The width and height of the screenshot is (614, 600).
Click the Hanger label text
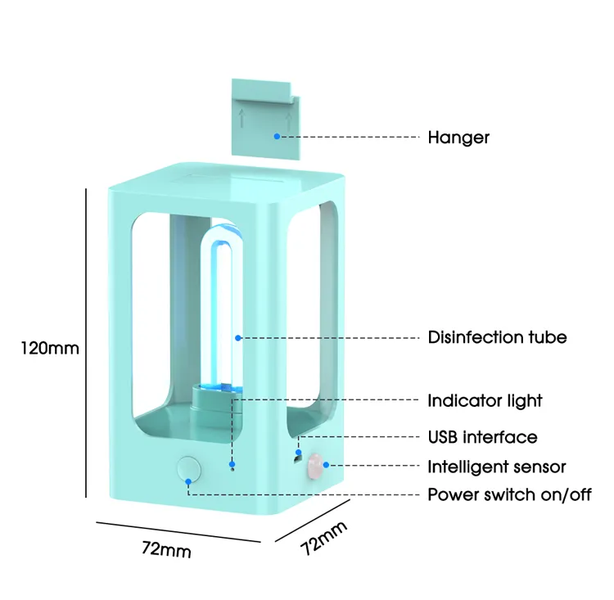pos(458,137)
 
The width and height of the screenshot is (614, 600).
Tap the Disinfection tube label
pos(497,336)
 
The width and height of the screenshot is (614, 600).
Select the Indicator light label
pos(485,400)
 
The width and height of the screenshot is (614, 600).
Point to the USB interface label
pos(482,436)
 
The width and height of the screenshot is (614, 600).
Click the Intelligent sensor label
pos(496,467)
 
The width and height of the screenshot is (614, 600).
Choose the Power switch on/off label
pos(509,494)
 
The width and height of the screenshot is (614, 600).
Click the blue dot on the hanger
pos(278,136)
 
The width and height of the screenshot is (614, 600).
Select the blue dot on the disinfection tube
pos(238,336)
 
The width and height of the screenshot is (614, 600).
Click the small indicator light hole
pos(233,467)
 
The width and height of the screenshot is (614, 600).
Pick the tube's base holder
pos(214,400)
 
